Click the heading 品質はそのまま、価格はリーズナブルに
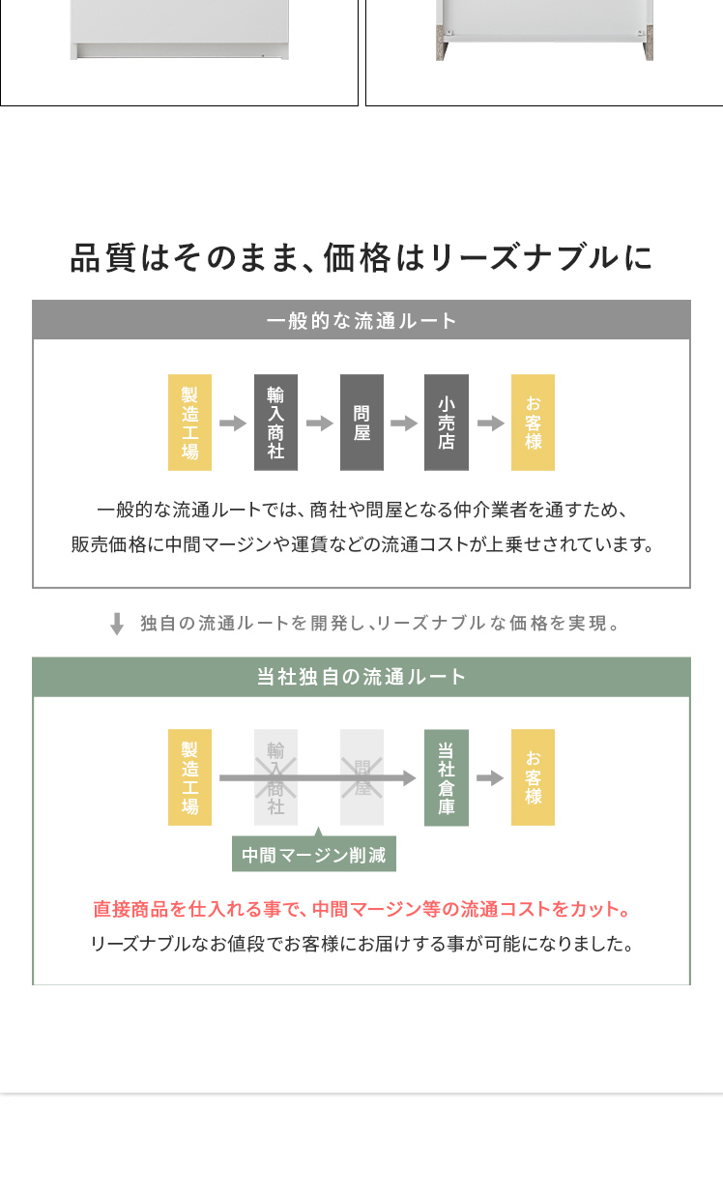point(361,258)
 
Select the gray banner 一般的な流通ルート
point(361,320)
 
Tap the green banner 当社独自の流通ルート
point(361,677)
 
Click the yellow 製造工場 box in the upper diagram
point(189,423)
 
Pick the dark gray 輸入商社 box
point(275,423)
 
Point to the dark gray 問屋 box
point(361,423)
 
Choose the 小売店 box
point(447,423)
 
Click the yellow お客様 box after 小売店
point(533,423)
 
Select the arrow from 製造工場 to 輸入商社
point(233,424)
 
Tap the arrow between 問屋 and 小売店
point(404,424)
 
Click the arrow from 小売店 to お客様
point(490,424)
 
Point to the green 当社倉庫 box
point(447,777)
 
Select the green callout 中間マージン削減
point(314,855)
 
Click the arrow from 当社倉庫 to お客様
point(490,778)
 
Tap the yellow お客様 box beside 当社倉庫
point(533,777)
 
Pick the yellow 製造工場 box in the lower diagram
point(189,777)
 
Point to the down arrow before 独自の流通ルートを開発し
point(117,624)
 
